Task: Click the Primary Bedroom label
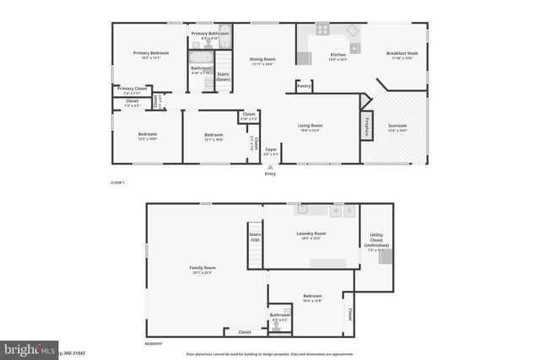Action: coord(151,56)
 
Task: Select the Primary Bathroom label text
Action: coord(204,35)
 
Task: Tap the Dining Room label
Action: coord(262,61)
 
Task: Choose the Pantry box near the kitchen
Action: coord(304,85)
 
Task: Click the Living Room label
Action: coord(310,128)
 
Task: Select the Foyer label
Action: coord(271,152)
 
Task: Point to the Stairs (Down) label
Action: coord(224,76)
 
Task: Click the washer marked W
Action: coord(334,211)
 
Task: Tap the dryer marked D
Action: coord(350,211)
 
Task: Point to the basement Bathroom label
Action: coord(280,317)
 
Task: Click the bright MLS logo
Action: coord(25,347)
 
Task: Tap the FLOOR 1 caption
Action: coord(118,183)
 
